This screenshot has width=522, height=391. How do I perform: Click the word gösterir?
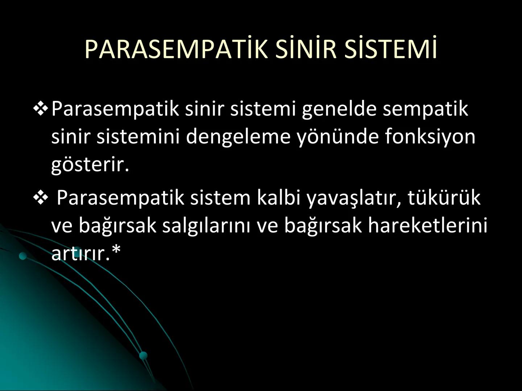pyautogui.click(x=90, y=165)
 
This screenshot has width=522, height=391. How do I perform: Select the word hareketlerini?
pyautogui.click(x=427, y=225)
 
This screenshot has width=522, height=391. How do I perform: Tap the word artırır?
pyautogui.click(x=80, y=253)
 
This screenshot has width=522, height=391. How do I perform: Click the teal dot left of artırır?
pyautogui.click(x=23, y=256)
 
